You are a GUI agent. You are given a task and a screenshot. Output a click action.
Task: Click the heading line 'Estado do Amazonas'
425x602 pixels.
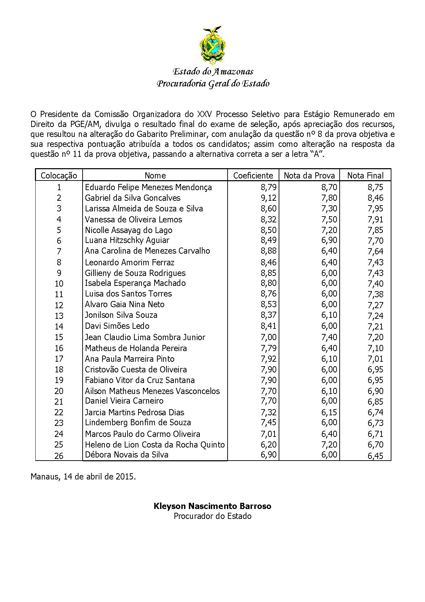[213, 71]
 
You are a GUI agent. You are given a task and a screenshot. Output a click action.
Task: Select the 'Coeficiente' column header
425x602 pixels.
[253, 175]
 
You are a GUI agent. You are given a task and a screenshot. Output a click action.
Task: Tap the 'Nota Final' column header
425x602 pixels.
[365, 175]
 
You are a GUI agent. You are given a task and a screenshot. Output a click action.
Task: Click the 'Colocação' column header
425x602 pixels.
[59, 175]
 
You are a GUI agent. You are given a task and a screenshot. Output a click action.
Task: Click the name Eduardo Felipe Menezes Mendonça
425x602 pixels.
[148, 187]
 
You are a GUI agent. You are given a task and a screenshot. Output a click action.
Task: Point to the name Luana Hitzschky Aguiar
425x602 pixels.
[127, 240]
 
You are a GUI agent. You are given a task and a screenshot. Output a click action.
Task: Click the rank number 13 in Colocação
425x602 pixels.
[59, 316]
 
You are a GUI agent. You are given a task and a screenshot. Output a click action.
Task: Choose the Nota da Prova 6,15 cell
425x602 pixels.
[329, 412]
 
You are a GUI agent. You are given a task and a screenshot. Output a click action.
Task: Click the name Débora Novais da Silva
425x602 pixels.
[126, 455]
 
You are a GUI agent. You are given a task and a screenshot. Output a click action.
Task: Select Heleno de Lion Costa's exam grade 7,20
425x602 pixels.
[329, 444]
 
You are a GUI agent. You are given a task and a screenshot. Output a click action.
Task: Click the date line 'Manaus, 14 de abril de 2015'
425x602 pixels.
[83, 477]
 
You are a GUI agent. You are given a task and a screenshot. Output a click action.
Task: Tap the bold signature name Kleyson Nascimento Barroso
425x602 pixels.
[212, 506]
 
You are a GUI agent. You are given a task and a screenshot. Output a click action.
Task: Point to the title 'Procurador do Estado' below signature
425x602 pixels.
[212, 516]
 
